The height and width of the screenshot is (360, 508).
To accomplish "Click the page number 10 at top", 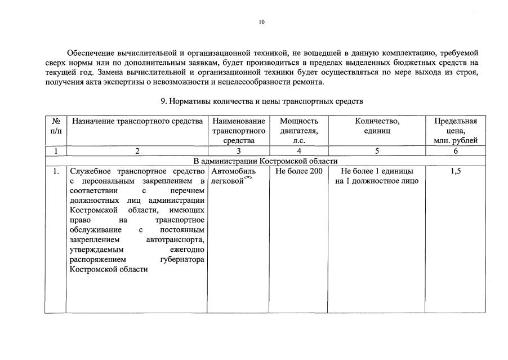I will click(x=261, y=22).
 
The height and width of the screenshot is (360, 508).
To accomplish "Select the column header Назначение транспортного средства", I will click(x=137, y=121).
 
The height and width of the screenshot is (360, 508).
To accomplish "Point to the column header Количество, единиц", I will click(x=377, y=126).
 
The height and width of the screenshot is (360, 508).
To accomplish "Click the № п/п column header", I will click(x=56, y=126).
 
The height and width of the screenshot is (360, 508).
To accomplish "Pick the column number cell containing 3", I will click(x=238, y=150).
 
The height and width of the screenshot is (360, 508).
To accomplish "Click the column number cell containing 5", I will click(x=377, y=150).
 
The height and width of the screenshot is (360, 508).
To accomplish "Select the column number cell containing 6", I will click(x=455, y=150).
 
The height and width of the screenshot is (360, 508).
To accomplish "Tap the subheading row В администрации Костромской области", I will click(x=265, y=161).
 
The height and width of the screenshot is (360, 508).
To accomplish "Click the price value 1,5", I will click(x=455, y=171).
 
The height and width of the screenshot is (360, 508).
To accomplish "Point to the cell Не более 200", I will click(x=298, y=171).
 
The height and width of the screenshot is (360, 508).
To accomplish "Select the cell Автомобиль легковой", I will click(x=233, y=176).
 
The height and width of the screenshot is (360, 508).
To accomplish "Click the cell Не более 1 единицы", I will click(x=377, y=171).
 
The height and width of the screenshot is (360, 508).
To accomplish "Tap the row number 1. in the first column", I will click(x=56, y=171).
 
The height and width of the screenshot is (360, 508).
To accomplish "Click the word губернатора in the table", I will click(x=182, y=259).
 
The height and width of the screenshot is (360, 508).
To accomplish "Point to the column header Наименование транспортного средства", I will click(x=238, y=131).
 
